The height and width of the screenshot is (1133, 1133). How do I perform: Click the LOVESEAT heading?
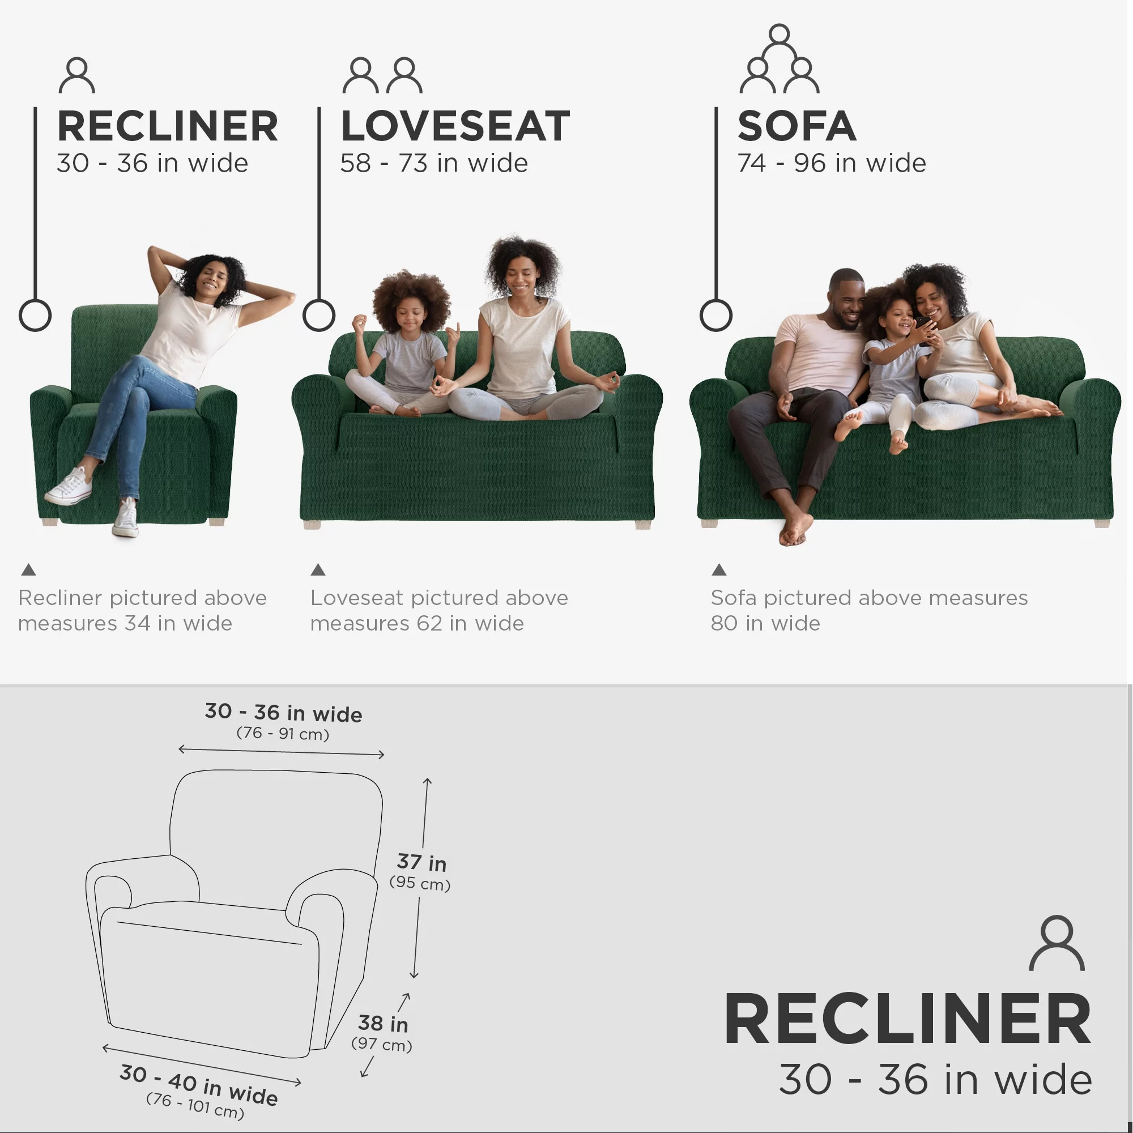tap(455, 127)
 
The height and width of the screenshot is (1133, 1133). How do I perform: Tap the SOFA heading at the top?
tap(796, 127)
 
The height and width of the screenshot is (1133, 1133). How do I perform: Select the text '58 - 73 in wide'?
tap(434, 163)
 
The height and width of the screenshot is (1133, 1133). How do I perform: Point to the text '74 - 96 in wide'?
tap(831, 163)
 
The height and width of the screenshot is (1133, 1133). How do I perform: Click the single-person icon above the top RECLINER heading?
tap(77, 75)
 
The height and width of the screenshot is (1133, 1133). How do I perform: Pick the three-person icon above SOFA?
tap(780, 59)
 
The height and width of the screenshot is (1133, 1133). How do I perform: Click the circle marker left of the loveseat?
tap(318, 316)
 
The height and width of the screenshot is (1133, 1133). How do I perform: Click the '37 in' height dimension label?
tap(421, 862)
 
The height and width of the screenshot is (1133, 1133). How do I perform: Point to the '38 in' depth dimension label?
tap(383, 1023)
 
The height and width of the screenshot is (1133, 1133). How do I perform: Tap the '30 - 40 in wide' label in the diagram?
tap(198, 1084)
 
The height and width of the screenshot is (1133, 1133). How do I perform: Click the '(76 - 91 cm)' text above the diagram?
tap(283, 733)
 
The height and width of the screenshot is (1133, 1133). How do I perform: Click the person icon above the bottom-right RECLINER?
tap(1057, 943)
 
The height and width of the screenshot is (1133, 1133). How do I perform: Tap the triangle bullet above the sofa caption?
tap(719, 569)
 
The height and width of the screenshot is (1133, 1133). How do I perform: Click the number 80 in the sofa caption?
tap(723, 623)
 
